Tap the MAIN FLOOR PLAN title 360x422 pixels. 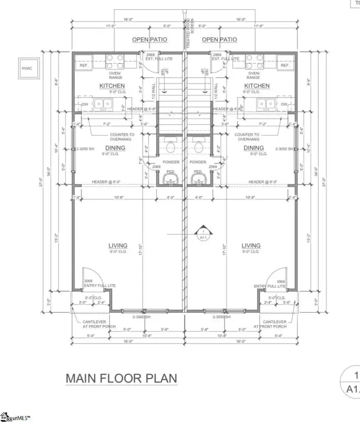tap(121, 379)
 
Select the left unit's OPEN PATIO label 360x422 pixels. tap(149, 40)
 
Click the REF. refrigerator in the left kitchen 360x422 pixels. tap(84, 65)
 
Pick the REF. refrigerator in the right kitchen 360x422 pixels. tap(285, 65)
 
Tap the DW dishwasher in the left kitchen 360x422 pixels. tap(84, 104)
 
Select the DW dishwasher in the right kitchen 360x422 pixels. tap(284, 104)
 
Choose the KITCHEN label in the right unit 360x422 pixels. tap(257, 86)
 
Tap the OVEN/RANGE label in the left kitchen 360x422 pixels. tap(116, 75)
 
